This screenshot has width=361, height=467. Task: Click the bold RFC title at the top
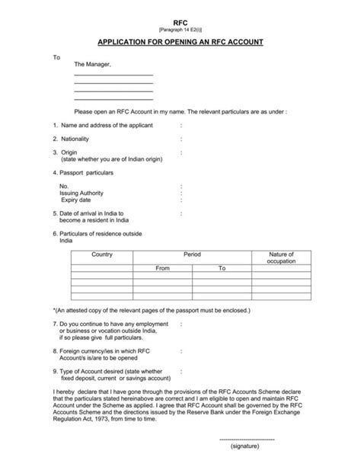pyautogui.click(x=180, y=24)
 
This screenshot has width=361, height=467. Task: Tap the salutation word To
pyautogui.click(x=56, y=57)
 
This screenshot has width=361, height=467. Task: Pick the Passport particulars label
pyautogui.click(x=88, y=174)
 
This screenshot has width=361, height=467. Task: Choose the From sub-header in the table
pyautogui.click(x=162, y=268)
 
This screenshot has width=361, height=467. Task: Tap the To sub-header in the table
pyautogui.click(x=222, y=268)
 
